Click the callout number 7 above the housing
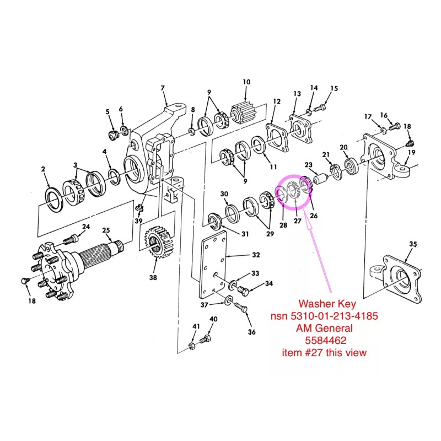(163, 88)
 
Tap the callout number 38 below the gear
(153, 278)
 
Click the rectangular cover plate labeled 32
(213, 265)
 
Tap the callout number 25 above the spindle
(106, 230)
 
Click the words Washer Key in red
(327, 304)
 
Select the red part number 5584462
(326, 341)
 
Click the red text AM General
(324, 328)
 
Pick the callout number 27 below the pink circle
(298, 221)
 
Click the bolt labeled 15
(319, 107)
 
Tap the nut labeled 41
(191, 346)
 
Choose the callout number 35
(413, 244)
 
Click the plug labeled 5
(114, 135)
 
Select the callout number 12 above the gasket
(277, 101)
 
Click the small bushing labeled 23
(321, 179)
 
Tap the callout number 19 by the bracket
(412, 152)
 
